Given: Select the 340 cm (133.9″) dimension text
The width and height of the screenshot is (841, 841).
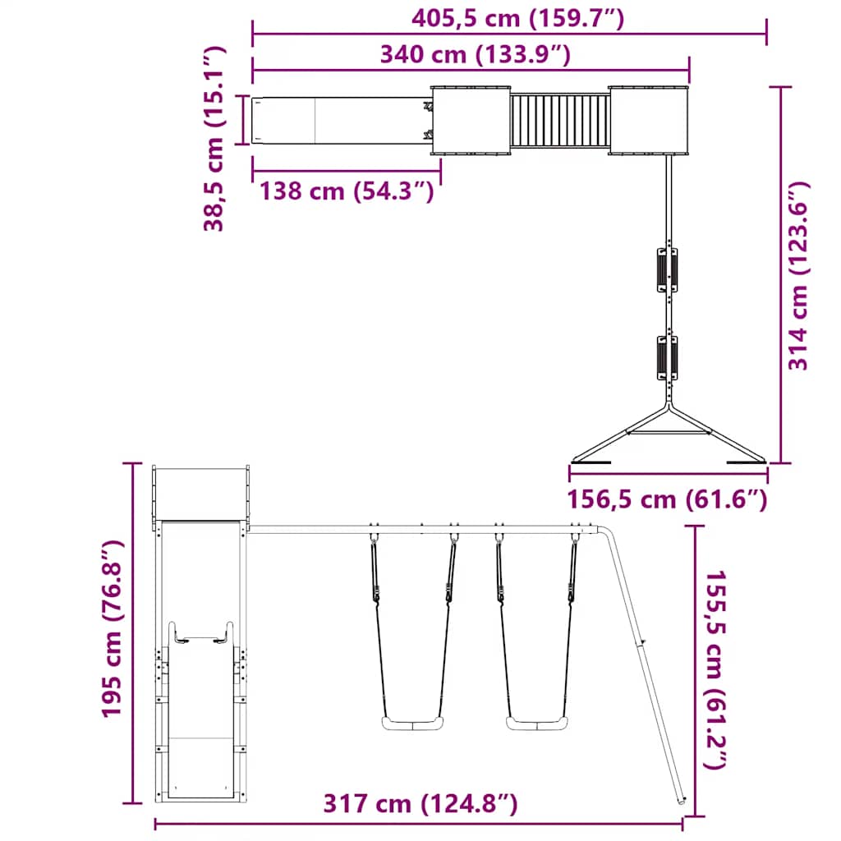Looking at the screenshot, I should pos(475,55).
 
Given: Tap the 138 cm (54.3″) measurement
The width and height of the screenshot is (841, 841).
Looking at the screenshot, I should pos(347,191).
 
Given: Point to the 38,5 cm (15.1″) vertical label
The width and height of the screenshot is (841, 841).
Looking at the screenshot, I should pos(214,138).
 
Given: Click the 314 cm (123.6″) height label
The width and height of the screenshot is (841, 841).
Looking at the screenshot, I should pos(798,276).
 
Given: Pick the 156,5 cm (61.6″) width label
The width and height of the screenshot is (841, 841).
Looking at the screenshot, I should pos(667,499).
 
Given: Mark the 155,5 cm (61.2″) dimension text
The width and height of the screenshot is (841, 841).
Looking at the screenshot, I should pos(715,669).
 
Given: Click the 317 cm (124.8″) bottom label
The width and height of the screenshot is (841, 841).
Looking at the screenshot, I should pos(420,803).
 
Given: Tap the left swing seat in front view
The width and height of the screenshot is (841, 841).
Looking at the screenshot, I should pos(411,724).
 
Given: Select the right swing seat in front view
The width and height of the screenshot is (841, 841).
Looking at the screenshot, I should pos(538,724).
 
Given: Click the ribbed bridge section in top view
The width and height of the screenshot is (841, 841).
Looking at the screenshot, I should pos(559,121).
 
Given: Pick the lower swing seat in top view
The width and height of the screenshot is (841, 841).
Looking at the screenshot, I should pos(666,357).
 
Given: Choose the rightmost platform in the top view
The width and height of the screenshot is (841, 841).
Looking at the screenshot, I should pos(648,120).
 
